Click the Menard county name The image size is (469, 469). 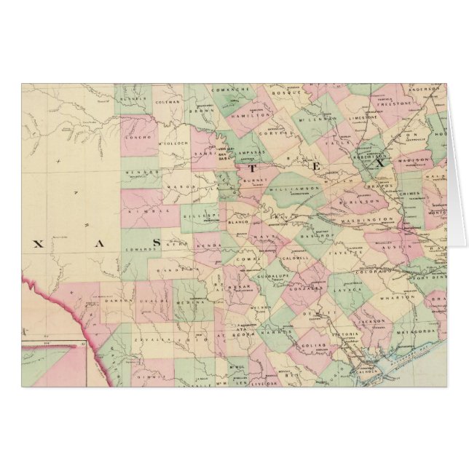[143, 172]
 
